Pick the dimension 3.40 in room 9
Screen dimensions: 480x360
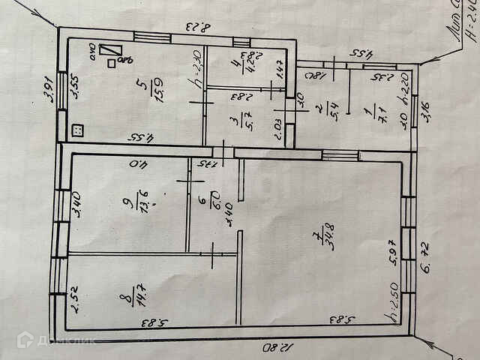(x=76, y=205)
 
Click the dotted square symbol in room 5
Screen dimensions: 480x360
(x=76, y=129)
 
